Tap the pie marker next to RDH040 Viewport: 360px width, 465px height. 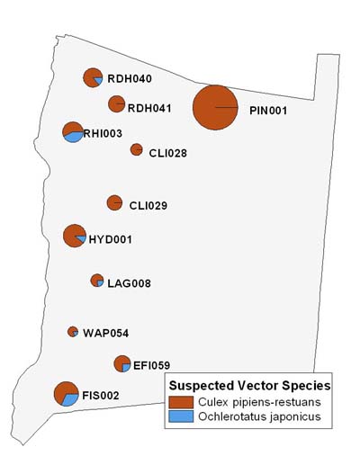pos(92,77)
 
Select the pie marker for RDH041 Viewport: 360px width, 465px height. pos(116,103)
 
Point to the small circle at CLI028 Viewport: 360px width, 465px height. pos(136,149)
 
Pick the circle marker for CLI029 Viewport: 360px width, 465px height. pos(114,202)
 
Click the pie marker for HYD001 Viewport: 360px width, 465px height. pos(74,236)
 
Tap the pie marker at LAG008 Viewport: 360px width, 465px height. pos(97,281)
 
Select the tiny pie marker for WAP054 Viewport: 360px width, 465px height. pos(73,332)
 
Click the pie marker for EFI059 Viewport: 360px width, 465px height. pos(122,363)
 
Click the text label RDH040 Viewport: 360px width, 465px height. pos(130,79)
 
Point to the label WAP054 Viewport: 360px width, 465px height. pos(106,333)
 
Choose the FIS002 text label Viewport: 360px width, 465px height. pos(101,395)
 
